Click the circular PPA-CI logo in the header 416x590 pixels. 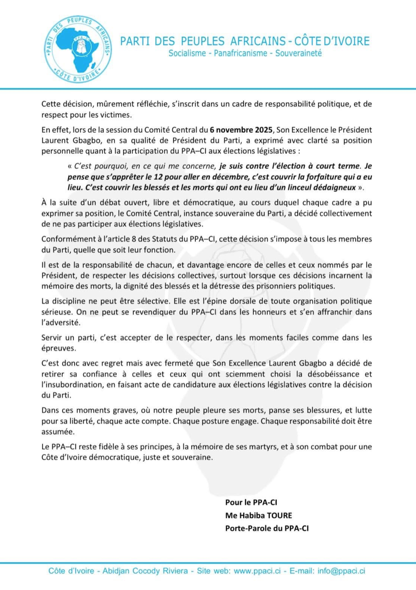pos(78,49)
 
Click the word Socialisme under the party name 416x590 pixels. pos(187,53)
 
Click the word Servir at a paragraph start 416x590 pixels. pos(52,337)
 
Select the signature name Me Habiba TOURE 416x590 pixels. pos(258,515)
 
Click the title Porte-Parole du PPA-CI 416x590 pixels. pos(267,528)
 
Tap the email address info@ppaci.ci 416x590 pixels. pos(341,571)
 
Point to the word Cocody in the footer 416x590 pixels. pos(146,571)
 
